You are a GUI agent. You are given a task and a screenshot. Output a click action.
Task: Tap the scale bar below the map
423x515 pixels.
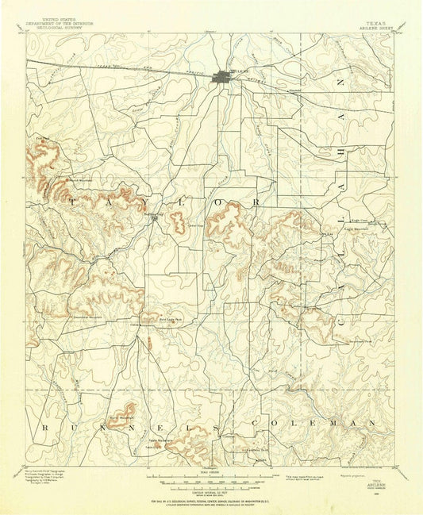click(x=211, y=481)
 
